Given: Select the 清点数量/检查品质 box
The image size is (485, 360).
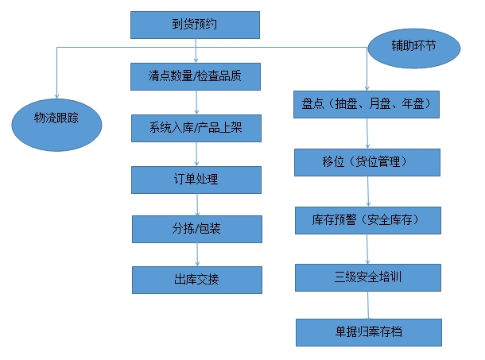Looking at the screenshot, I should pos(196,76).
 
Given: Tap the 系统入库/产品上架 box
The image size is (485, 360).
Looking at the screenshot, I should pos(196,127).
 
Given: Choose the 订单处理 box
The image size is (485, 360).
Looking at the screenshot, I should pos(195,180).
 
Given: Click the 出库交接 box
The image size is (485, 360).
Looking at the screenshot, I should pos(196,280).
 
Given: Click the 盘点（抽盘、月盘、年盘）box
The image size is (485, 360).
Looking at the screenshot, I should pos(367,104).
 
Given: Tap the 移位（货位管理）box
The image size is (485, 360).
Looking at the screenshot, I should pos(367,162).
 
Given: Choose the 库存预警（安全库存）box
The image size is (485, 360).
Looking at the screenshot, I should pos(367,219).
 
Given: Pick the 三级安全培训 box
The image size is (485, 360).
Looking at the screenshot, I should pos(368,277).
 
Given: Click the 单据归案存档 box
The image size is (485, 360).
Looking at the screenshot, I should pos(368,331).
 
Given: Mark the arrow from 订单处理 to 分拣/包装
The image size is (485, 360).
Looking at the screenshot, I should pos(195,204).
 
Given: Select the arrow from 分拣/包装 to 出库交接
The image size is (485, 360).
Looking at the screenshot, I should pos(196,254).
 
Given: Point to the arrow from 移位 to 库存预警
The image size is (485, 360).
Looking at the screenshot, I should pos(367,191).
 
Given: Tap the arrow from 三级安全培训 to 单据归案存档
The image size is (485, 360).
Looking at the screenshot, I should pos(368,305).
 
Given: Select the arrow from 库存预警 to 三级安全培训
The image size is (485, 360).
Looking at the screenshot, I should pos(367,249).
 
